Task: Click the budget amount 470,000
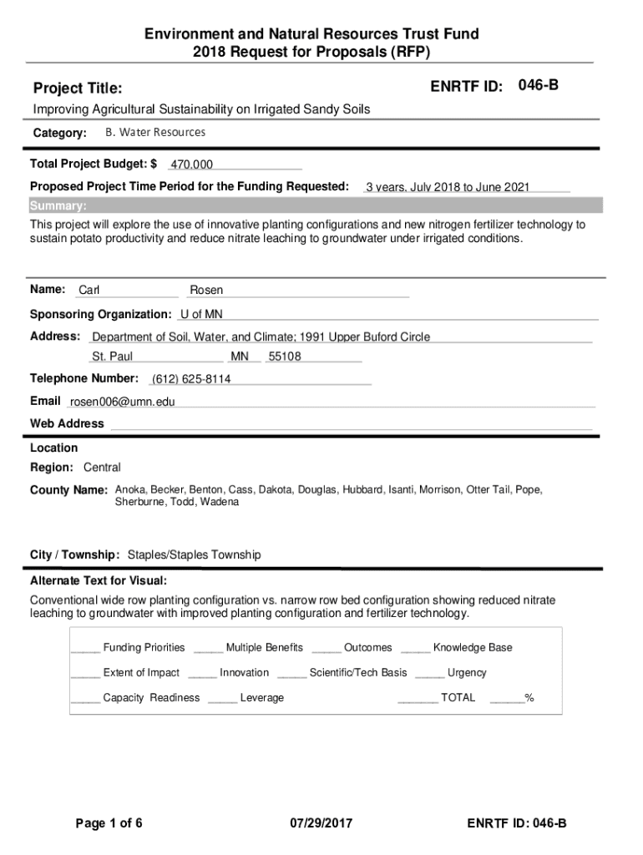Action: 191,164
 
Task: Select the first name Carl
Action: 89,291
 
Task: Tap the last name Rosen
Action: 206,291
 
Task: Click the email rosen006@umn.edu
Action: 123,402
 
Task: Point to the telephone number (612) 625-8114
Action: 191,379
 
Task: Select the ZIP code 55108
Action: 285,357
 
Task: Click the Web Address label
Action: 67,423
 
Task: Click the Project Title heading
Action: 78,89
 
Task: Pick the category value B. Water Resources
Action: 155,133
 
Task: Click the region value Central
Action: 102,468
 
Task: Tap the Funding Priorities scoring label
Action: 144,648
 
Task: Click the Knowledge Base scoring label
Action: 473,648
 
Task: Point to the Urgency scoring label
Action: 467,673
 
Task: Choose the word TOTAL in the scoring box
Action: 458,698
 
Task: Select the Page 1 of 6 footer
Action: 109,824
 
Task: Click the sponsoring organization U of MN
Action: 201,314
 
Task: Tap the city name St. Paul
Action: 112,357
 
